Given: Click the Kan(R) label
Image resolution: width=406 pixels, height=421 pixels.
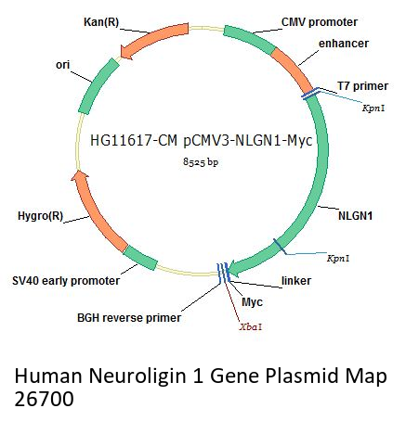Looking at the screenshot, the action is coord(101,22).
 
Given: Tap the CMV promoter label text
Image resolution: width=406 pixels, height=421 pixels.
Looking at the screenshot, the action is coord(320,22).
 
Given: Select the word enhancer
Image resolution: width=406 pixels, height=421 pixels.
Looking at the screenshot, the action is coord(344,44).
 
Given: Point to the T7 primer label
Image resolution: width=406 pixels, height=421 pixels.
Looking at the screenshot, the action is coord(362,86).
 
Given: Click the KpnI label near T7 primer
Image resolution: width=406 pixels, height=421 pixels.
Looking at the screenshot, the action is coord(373,108).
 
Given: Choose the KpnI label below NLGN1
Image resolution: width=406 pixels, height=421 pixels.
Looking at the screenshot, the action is coord(338,258).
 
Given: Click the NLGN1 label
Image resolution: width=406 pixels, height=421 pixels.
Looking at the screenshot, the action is coord(355,216).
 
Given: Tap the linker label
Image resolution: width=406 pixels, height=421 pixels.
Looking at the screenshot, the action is coord(296,281).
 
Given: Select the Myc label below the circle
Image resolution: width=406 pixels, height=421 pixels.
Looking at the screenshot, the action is coord(252,302).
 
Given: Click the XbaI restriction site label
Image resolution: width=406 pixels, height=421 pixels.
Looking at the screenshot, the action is coord(251,327).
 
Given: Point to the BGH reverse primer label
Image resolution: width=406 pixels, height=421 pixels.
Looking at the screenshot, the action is coord(129,318).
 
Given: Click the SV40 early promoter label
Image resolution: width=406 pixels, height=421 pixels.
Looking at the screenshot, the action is coord(66,281).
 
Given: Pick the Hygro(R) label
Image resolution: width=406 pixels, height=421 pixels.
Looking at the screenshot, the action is coord(41,216).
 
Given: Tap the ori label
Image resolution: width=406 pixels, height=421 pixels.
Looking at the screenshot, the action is coord(62,65).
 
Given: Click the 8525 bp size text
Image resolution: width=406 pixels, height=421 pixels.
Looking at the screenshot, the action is coord(201,161).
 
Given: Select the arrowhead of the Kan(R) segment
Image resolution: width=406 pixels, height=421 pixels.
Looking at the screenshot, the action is coord(127,52).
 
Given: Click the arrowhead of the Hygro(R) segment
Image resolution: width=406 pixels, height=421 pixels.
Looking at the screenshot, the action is coord(80,177).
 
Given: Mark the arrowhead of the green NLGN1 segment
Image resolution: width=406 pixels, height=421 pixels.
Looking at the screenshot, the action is coord(235,268).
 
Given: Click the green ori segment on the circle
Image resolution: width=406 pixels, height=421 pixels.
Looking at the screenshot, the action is coord(98,86).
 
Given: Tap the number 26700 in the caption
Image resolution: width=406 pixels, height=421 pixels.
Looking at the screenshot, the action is coord(44,399).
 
